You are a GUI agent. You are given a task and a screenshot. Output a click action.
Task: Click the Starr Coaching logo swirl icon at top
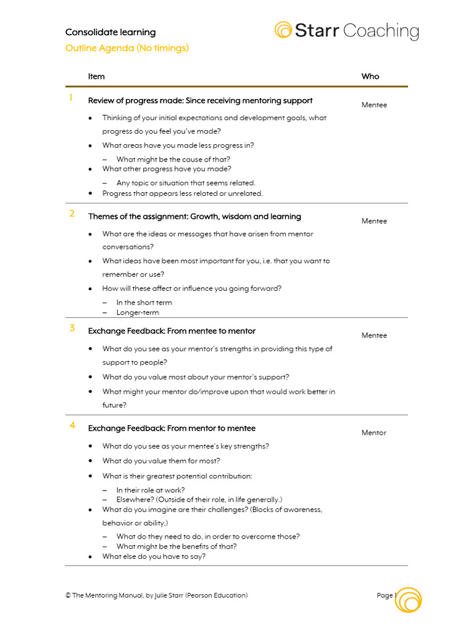pos(283,30)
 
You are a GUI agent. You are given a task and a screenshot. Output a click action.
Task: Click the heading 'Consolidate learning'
pos(110,32)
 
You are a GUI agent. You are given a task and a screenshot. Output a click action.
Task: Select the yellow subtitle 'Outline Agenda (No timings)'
pos(127,48)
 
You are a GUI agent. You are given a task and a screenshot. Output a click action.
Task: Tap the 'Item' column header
pos(96,76)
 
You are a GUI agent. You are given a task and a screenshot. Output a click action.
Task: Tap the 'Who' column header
pos(370,76)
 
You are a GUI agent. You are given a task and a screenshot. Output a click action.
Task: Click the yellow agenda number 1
pos(71,97)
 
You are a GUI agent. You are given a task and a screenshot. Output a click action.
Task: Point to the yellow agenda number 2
pos(72,214)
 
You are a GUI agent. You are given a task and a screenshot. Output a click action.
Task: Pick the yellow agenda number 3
pos(72,328)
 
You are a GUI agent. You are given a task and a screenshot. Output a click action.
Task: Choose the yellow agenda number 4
pos(72,425)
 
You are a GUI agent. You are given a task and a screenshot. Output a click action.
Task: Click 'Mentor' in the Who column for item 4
pos(374,433)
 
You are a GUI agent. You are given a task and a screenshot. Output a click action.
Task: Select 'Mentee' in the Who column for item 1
pos(374,105)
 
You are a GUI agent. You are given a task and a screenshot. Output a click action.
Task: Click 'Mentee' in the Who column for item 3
pos(374,335)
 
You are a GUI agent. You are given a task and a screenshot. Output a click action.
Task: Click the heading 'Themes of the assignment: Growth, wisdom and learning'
pos(194,216)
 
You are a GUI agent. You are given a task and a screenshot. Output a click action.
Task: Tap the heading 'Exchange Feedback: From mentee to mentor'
pos(172,331)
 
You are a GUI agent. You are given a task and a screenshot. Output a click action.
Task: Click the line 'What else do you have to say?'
pos(154,556)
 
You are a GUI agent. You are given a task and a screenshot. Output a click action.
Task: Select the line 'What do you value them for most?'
pos(161,460)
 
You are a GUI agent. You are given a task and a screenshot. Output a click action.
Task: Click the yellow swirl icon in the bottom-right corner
pos(409,600)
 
